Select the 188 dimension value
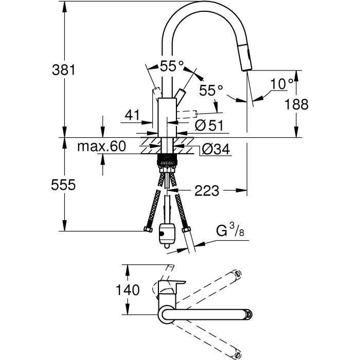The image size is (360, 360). tap(297, 104)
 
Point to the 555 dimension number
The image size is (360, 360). tap(64, 184)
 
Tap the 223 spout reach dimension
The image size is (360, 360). tap(207, 191)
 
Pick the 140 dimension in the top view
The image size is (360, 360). tap(127, 290)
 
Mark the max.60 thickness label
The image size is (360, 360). tap(101, 147)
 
